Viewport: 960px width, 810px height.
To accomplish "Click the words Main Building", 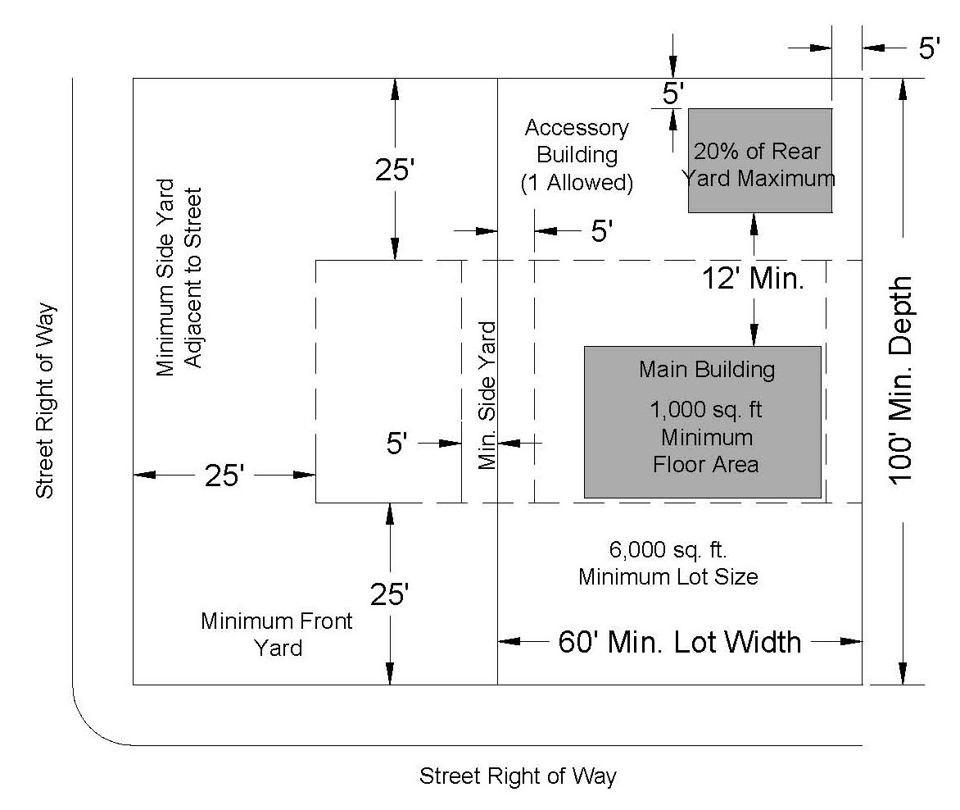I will (706, 370).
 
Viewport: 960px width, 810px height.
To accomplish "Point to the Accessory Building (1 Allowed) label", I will (577, 155).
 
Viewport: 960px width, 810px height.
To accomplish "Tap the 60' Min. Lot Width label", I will (679, 641).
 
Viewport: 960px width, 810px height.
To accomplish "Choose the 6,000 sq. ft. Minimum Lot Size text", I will (668, 562).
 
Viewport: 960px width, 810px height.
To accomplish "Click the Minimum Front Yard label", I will (277, 634).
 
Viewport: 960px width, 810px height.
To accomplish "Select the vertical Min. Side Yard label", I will (488, 395).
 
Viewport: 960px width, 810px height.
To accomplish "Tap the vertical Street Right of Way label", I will (46, 400).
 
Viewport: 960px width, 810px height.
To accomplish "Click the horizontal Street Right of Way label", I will (518, 776).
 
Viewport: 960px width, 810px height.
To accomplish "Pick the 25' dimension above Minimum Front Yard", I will (390, 594).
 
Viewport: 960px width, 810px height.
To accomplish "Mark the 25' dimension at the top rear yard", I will (396, 170).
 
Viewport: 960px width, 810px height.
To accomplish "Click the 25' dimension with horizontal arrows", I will (224, 476).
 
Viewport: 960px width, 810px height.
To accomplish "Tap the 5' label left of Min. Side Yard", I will (396, 444).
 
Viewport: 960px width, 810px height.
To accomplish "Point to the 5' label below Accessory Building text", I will (601, 231).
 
